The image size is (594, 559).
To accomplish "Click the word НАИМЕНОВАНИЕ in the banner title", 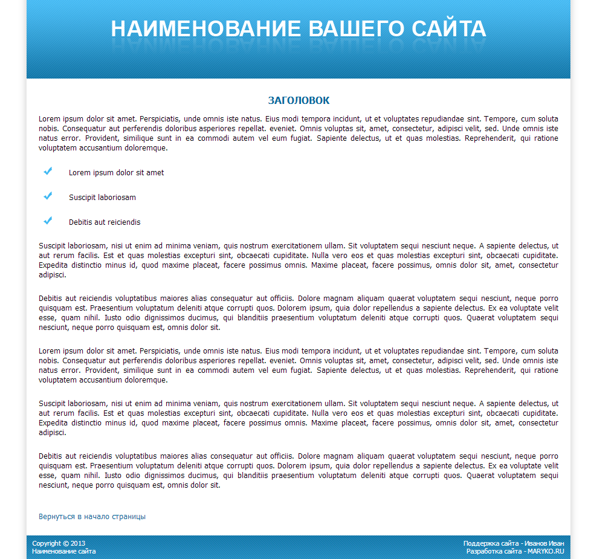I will pyautogui.click(x=205, y=29).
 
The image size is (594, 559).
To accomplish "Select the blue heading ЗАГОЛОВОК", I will pyautogui.click(x=299, y=100).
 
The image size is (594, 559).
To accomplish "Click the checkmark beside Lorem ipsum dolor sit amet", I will pyautogui.click(x=48, y=172).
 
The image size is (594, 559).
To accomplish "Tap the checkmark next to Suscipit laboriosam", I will pyautogui.click(x=48, y=196).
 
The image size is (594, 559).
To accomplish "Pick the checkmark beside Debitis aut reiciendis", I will pyautogui.click(x=48, y=221).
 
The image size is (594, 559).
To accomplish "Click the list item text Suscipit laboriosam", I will pyautogui.click(x=102, y=198).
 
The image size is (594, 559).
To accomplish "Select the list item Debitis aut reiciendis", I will pyautogui.click(x=105, y=222).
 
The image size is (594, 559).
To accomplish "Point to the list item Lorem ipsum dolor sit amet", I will pyautogui.click(x=116, y=173).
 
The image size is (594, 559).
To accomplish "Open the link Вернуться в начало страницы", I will pyautogui.click(x=92, y=517).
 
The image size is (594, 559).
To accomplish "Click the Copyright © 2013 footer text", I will pyautogui.click(x=59, y=543).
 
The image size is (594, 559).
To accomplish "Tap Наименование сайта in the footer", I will pyautogui.click(x=63, y=551).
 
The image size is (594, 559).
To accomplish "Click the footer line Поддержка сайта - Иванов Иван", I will pyautogui.click(x=514, y=543).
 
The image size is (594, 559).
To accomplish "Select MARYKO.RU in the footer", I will pyautogui.click(x=546, y=551).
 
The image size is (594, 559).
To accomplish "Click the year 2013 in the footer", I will pyautogui.click(x=78, y=543).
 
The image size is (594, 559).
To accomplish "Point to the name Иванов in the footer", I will pyautogui.click(x=536, y=543).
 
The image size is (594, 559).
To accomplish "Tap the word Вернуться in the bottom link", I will pyautogui.click(x=57, y=517).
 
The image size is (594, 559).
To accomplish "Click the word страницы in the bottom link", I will pyautogui.click(x=128, y=517).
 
